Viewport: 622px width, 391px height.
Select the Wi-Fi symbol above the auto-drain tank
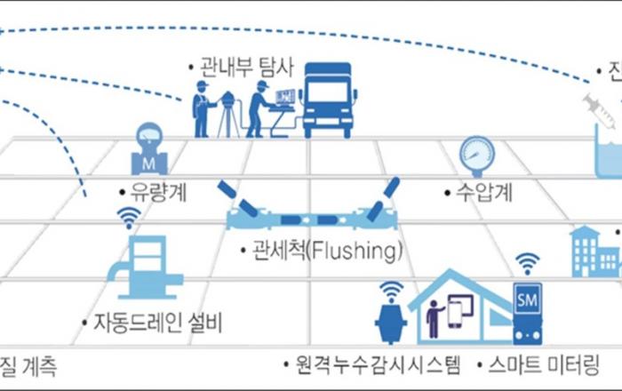130,216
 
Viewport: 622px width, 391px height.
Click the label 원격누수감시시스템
373,363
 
